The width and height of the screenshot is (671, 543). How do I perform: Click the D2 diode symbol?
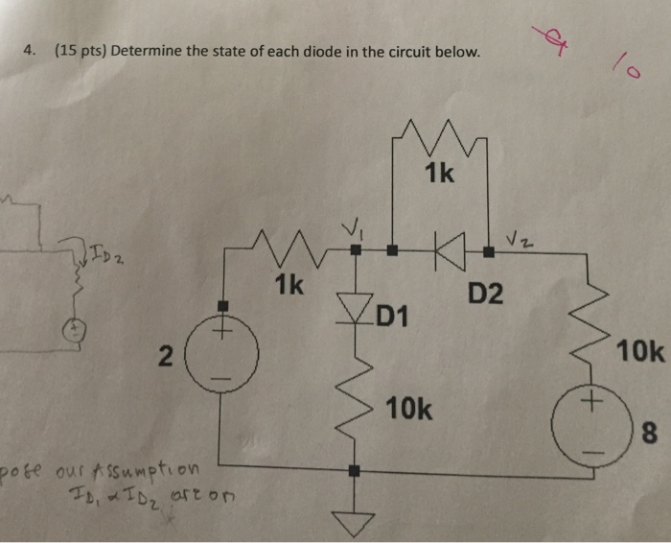tap(445, 252)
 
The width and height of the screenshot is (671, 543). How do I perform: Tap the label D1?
tap(392, 314)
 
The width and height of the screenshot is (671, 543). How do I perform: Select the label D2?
tap(485, 294)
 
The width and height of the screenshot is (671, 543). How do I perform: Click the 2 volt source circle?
tap(221, 354)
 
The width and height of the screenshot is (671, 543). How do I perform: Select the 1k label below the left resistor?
tap(289, 284)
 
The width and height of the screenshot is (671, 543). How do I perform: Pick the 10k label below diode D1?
tap(409, 411)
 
